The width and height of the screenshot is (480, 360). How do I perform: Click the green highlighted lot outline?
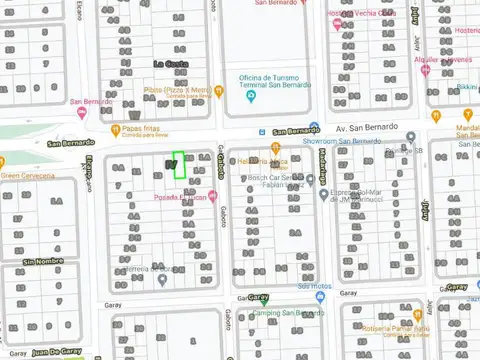click(x=179, y=165)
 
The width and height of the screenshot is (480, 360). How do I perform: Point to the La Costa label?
click(x=170, y=64)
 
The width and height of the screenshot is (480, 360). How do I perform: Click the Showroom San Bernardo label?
click(x=344, y=141)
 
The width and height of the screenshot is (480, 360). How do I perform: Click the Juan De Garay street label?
click(x=55, y=352)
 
